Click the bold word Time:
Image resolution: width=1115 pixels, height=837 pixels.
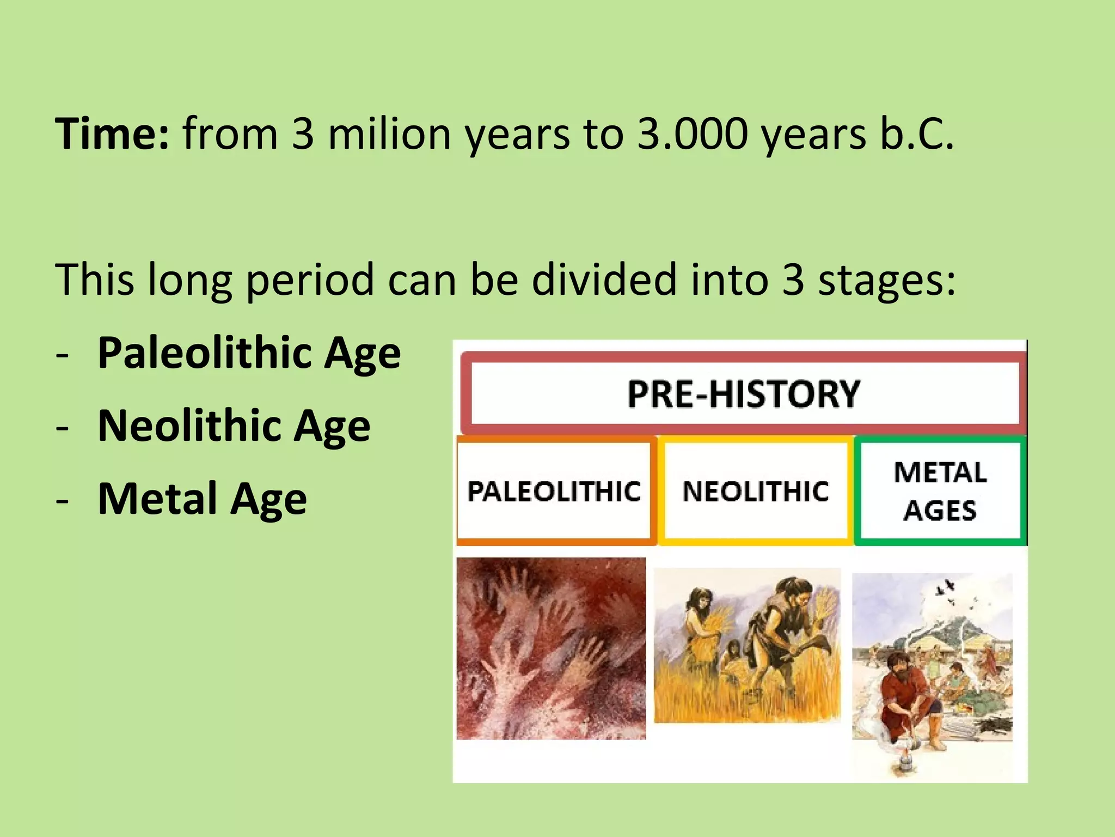click(x=112, y=134)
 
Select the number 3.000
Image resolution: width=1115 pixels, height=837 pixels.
click(x=693, y=134)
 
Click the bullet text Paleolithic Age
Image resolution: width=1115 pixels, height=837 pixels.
click(x=249, y=353)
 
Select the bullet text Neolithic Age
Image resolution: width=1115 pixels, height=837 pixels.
click(x=234, y=426)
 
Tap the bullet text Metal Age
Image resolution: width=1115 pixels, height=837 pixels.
click(x=202, y=499)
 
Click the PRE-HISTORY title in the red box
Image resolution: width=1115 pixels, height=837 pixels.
click(x=744, y=394)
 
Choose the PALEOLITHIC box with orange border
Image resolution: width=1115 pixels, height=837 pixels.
click(x=554, y=491)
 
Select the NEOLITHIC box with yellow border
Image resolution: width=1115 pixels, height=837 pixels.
click(x=756, y=491)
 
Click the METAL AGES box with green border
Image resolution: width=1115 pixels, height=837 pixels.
click(x=940, y=491)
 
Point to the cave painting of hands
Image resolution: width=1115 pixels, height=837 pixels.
click(x=551, y=648)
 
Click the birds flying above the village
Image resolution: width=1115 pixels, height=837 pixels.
click(x=947, y=591)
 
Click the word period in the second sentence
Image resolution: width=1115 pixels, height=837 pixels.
click(x=310, y=280)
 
